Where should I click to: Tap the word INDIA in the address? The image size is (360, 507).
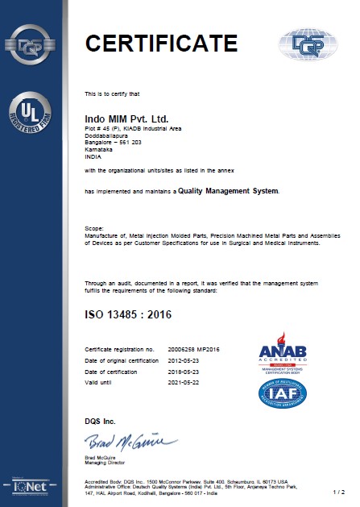[x=93, y=157]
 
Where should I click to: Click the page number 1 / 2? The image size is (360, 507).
[x=339, y=491]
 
